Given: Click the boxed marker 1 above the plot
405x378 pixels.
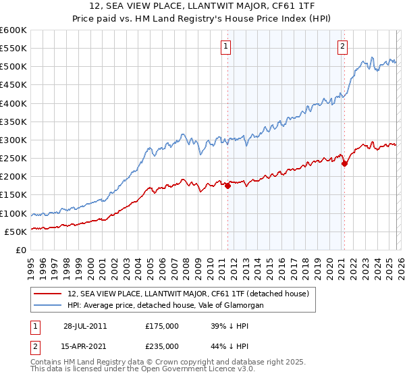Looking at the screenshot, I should [x=225, y=47].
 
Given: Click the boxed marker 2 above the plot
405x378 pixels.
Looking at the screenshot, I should [x=342, y=47].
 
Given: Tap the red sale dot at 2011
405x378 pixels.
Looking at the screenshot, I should [x=227, y=186].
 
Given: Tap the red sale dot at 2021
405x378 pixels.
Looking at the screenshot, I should [x=344, y=163].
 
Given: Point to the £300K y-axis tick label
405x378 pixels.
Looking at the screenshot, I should [x=13, y=140].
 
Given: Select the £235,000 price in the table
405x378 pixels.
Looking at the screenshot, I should [x=162, y=346].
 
